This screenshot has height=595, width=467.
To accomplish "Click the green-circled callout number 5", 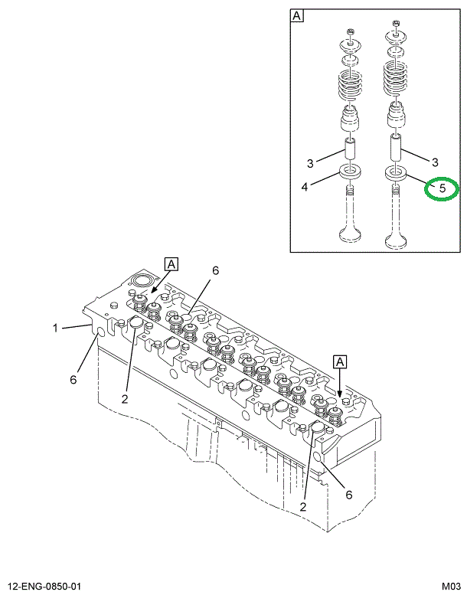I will [x=442, y=188].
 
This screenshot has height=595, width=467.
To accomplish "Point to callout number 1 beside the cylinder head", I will [x=55, y=329].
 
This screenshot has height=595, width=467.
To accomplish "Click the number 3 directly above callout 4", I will [x=311, y=163].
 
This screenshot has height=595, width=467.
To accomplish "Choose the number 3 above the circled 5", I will [x=435, y=162].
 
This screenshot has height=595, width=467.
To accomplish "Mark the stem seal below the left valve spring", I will [x=350, y=121].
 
